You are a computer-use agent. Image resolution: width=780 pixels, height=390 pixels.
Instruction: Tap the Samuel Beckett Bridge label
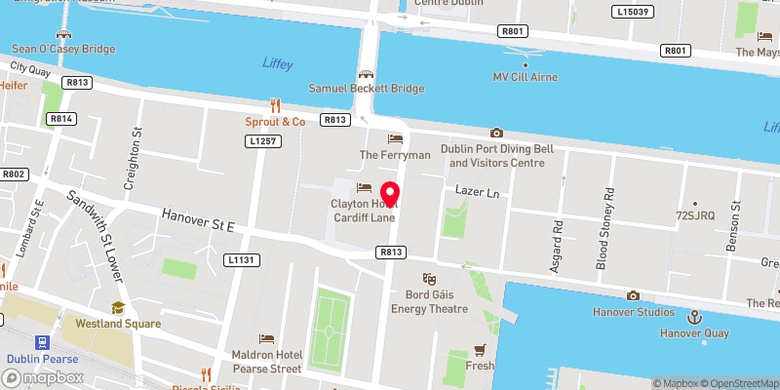pos(367,88)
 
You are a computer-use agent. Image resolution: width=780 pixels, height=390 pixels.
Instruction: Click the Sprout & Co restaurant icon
pos(275,104)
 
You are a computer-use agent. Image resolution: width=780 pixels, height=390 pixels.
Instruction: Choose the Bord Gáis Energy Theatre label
pos(429,302)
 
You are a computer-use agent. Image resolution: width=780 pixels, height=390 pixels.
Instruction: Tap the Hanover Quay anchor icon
pos(695,316)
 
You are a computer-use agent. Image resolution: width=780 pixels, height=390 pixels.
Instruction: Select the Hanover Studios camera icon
pos(633,295)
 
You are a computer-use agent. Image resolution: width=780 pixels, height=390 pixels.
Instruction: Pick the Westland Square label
pos(118,323)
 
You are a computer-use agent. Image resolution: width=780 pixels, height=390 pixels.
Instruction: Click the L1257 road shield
pos(258,141)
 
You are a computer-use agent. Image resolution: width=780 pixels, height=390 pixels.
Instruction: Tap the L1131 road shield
pos(241,260)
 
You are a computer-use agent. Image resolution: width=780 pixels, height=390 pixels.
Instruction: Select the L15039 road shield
pos(633,12)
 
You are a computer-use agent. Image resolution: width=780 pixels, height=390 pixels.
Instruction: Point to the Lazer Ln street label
pos(477,194)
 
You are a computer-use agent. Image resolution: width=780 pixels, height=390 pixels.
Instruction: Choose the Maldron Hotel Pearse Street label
pos(266,362)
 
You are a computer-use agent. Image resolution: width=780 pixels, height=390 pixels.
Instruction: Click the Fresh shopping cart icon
pos(479,349)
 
